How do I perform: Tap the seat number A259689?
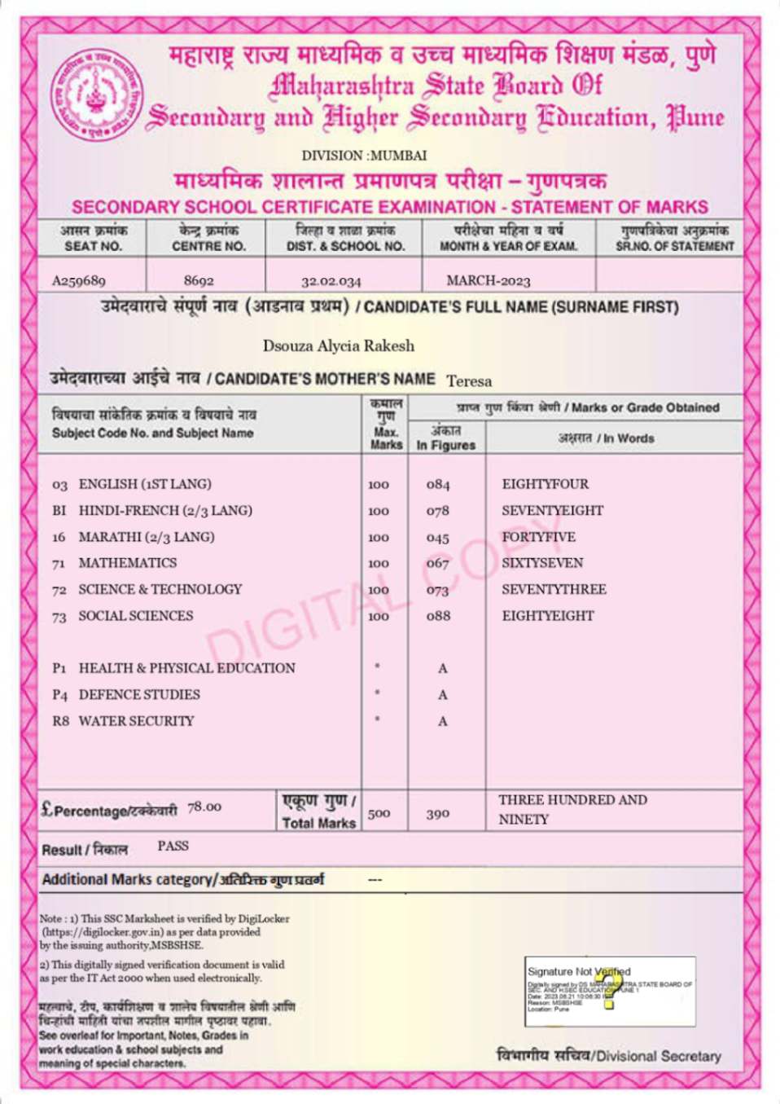(79, 280)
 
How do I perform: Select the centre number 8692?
(199, 280)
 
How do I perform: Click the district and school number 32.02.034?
(331, 281)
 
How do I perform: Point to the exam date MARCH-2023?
(488, 281)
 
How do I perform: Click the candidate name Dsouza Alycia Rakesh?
(338, 345)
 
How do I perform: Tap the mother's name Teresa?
(469, 380)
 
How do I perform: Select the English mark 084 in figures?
(437, 484)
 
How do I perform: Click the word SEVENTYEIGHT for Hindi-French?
(552, 511)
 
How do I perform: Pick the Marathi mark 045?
(437, 538)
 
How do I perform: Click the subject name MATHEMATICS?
(127, 563)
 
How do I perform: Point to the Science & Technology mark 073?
(437, 590)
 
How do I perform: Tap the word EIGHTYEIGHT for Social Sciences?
(547, 616)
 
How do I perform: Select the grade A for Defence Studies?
(442, 695)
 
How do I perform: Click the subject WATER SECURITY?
(136, 721)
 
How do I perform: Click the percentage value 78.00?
(204, 807)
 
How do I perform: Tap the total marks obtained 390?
(437, 813)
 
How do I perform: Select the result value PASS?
(173, 846)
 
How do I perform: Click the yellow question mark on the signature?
(609, 987)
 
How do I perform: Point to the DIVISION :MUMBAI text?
(364, 156)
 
